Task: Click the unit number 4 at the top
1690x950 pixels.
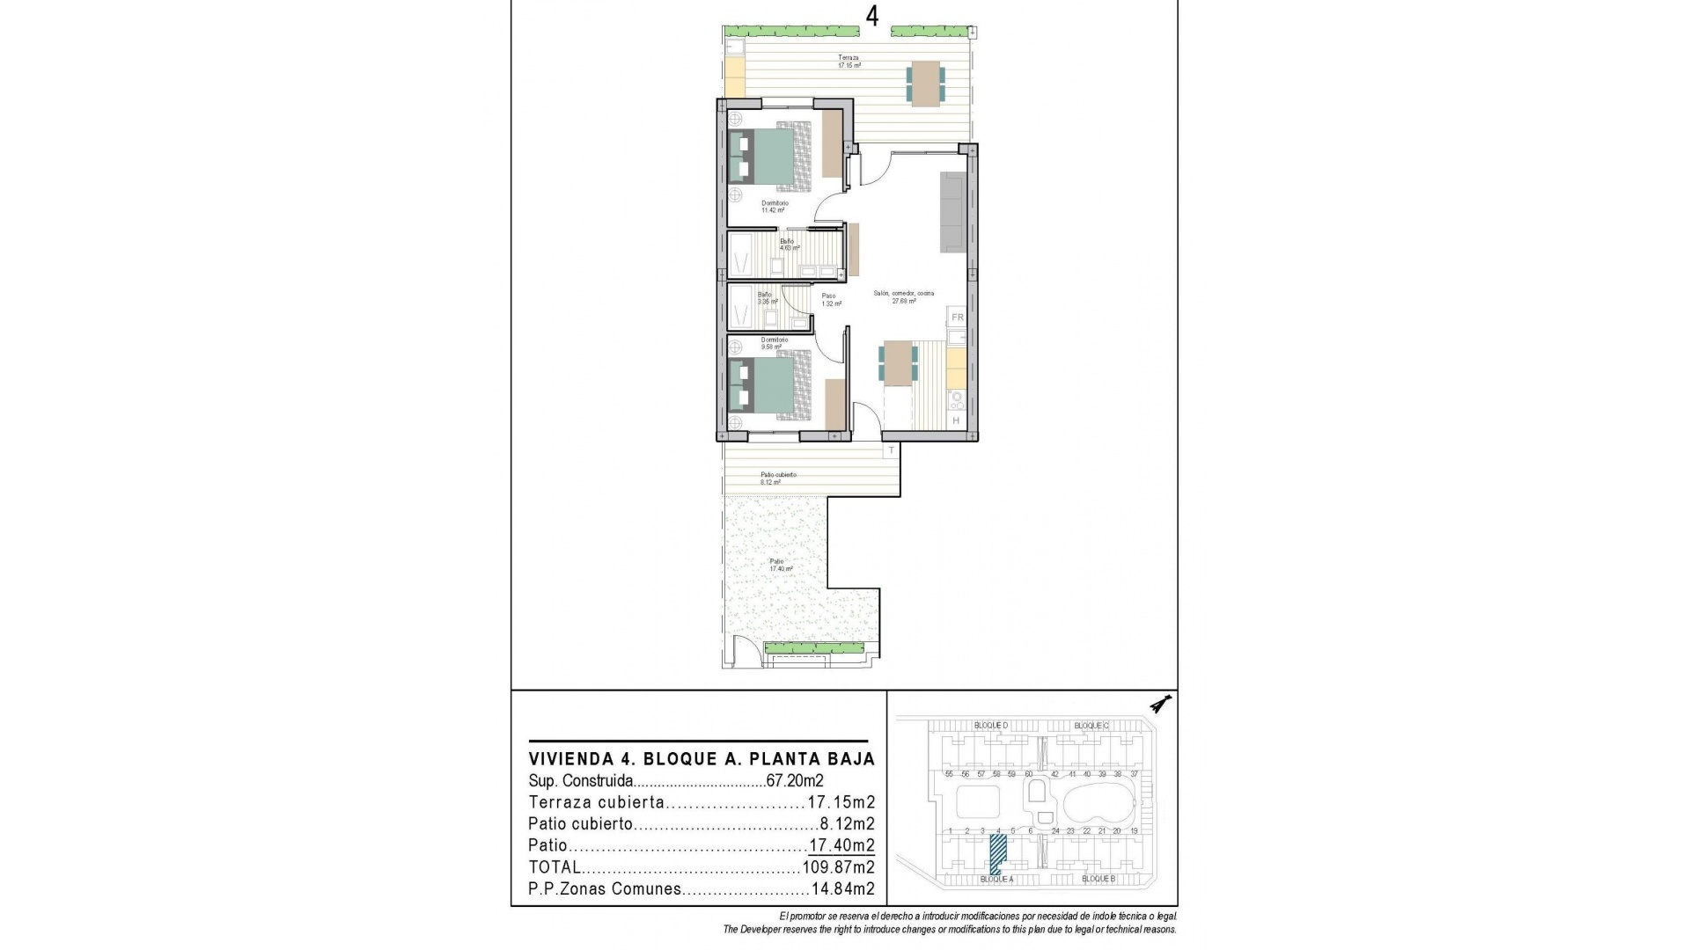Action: pyautogui.click(x=872, y=18)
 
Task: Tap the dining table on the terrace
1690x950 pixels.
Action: pyautogui.click(x=925, y=84)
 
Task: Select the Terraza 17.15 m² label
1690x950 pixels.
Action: pyautogui.click(x=849, y=62)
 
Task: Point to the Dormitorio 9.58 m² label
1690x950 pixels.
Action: pyautogui.click(x=774, y=343)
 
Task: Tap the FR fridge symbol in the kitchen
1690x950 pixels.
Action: pyautogui.click(x=958, y=317)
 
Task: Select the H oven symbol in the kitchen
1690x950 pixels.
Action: pyautogui.click(x=956, y=421)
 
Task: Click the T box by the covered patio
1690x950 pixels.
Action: pyautogui.click(x=891, y=450)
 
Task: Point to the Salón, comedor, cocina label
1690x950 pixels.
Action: pyautogui.click(x=904, y=296)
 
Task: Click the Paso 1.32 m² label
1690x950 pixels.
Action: pyautogui.click(x=831, y=299)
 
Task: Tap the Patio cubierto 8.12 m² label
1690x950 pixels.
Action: pyautogui.click(x=778, y=478)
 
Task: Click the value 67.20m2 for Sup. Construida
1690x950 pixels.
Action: pyautogui.click(x=793, y=780)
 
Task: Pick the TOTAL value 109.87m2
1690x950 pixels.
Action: pyautogui.click(x=838, y=867)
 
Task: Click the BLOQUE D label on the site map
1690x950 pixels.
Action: pyautogui.click(x=990, y=725)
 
